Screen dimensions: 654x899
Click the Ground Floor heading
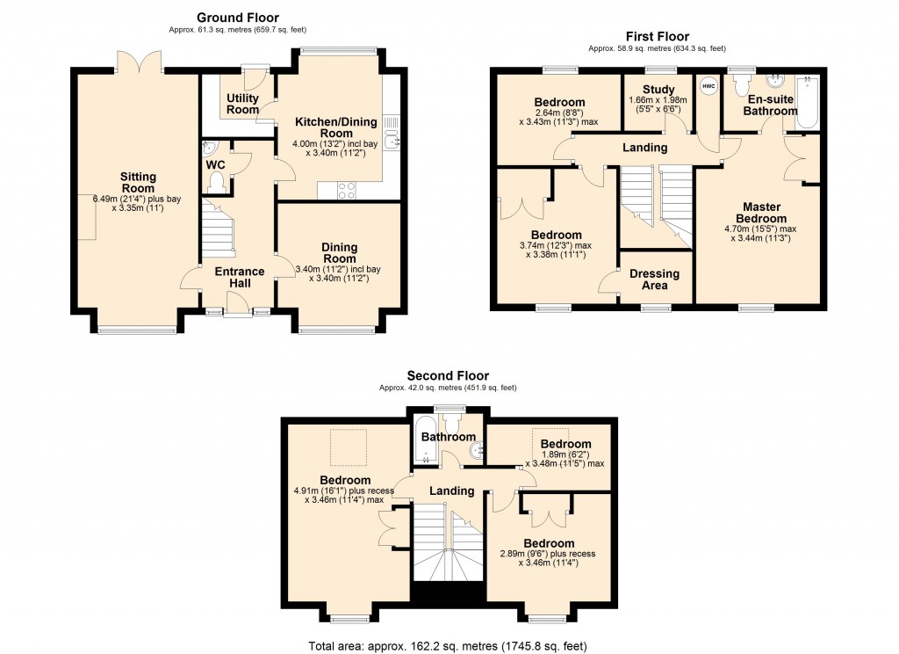click(x=237, y=17)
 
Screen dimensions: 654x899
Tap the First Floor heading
click(x=658, y=36)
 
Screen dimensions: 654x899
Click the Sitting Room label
click(x=138, y=182)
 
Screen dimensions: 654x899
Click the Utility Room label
click(x=243, y=104)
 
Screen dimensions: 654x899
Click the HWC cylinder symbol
click(x=708, y=87)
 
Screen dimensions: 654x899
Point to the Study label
click(x=658, y=89)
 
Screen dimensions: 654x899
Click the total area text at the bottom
click(x=449, y=644)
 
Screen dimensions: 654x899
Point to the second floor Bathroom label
click(x=448, y=436)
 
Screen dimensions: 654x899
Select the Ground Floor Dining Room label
click(x=338, y=253)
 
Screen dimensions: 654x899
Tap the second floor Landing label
click(x=451, y=490)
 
